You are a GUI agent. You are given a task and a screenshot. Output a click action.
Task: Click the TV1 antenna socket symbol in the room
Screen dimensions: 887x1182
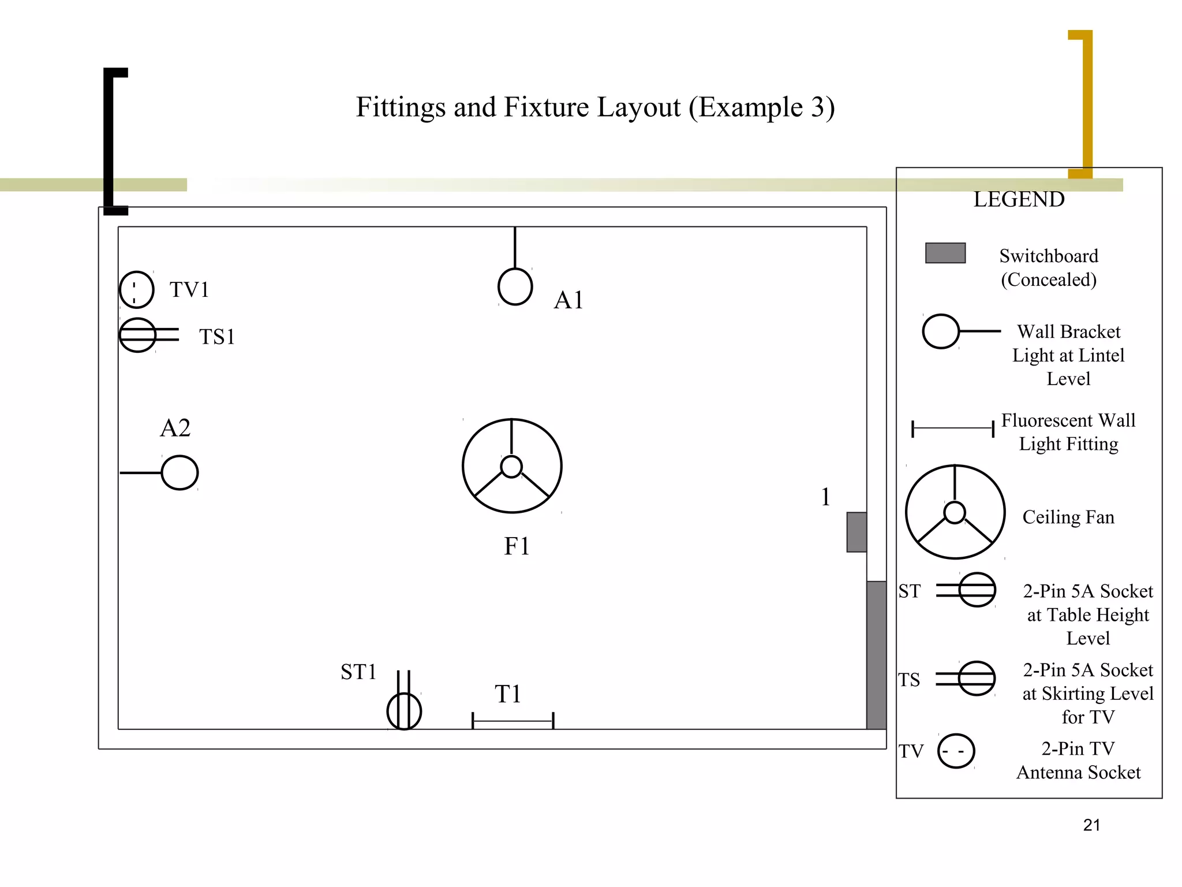136,289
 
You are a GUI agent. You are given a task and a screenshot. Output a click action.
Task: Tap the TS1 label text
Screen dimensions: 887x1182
217,337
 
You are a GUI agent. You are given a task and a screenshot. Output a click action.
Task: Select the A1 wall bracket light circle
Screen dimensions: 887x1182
515,286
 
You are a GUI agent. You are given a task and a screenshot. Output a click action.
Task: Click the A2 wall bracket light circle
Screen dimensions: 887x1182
179,472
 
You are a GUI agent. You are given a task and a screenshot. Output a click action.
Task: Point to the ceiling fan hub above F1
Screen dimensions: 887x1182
511,467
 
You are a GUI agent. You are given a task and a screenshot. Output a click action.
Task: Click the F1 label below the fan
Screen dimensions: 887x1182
517,546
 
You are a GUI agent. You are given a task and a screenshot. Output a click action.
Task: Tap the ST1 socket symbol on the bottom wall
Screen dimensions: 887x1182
404,710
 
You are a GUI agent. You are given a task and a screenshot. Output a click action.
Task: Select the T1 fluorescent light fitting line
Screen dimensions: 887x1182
513,721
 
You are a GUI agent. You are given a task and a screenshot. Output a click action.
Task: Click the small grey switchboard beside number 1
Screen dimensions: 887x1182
856,532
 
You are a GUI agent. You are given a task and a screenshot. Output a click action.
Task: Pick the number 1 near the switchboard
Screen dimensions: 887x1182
825,497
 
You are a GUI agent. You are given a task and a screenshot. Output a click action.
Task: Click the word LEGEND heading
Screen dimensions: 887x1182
1019,199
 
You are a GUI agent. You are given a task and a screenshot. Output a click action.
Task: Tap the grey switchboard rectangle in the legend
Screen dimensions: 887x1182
945,253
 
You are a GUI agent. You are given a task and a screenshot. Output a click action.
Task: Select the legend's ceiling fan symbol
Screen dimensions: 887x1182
955,512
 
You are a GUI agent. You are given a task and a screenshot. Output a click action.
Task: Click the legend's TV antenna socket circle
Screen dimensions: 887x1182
956,751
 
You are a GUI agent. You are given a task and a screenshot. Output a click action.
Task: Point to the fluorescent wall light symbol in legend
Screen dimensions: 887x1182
952,428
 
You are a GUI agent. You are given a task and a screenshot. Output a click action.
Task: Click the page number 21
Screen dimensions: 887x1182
1091,825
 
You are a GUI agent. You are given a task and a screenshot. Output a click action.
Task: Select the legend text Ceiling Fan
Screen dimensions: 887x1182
1068,517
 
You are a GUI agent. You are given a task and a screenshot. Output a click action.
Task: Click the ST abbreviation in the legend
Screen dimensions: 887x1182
910,591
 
